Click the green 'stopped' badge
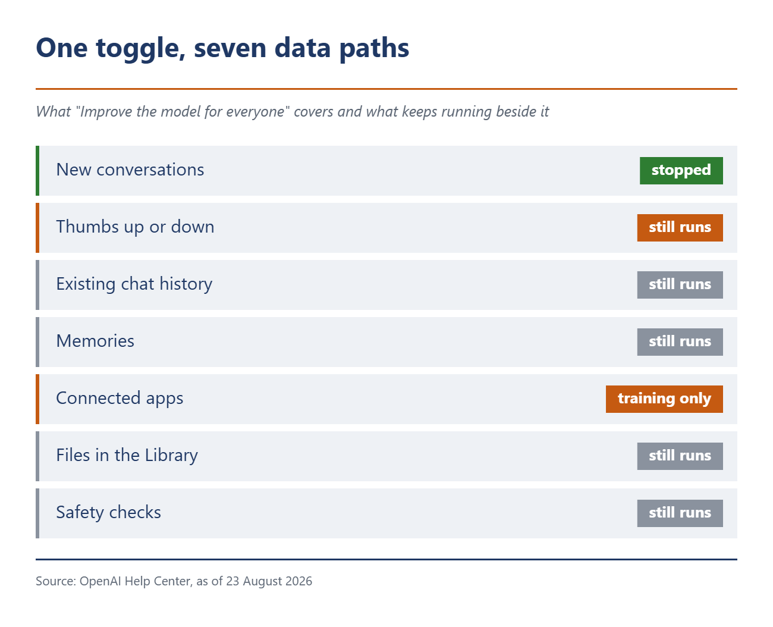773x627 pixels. click(x=681, y=171)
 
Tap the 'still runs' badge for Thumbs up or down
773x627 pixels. click(x=680, y=228)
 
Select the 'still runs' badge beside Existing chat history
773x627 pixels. click(x=680, y=284)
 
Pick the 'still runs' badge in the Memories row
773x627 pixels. click(x=680, y=342)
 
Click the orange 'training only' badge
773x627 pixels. click(x=664, y=399)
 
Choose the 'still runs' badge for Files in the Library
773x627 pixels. click(x=680, y=456)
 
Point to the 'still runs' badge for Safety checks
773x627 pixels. click(x=680, y=513)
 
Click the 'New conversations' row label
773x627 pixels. click(x=130, y=170)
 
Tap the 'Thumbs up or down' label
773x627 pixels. click(x=135, y=227)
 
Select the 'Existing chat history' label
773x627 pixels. click(x=134, y=284)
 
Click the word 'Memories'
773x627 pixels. click(x=95, y=341)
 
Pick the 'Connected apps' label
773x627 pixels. click(x=120, y=399)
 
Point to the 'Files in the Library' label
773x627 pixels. click(x=127, y=455)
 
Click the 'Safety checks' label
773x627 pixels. click(x=108, y=513)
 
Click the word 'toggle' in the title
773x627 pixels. click(x=141, y=49)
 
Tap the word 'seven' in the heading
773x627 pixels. click(x=230, y=48)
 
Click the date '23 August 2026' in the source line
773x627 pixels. click(x=269, y=581)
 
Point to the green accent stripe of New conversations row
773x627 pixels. click(x=37, y=171)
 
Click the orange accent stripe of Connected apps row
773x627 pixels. click(x=37, y=399)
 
